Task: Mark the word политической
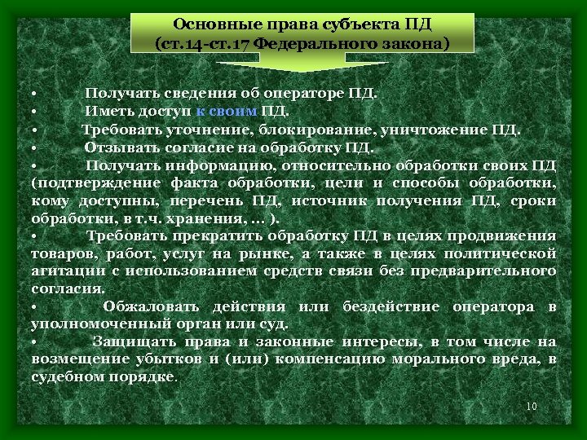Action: [x=506, y=253]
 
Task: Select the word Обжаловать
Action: [x=151, y=306]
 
